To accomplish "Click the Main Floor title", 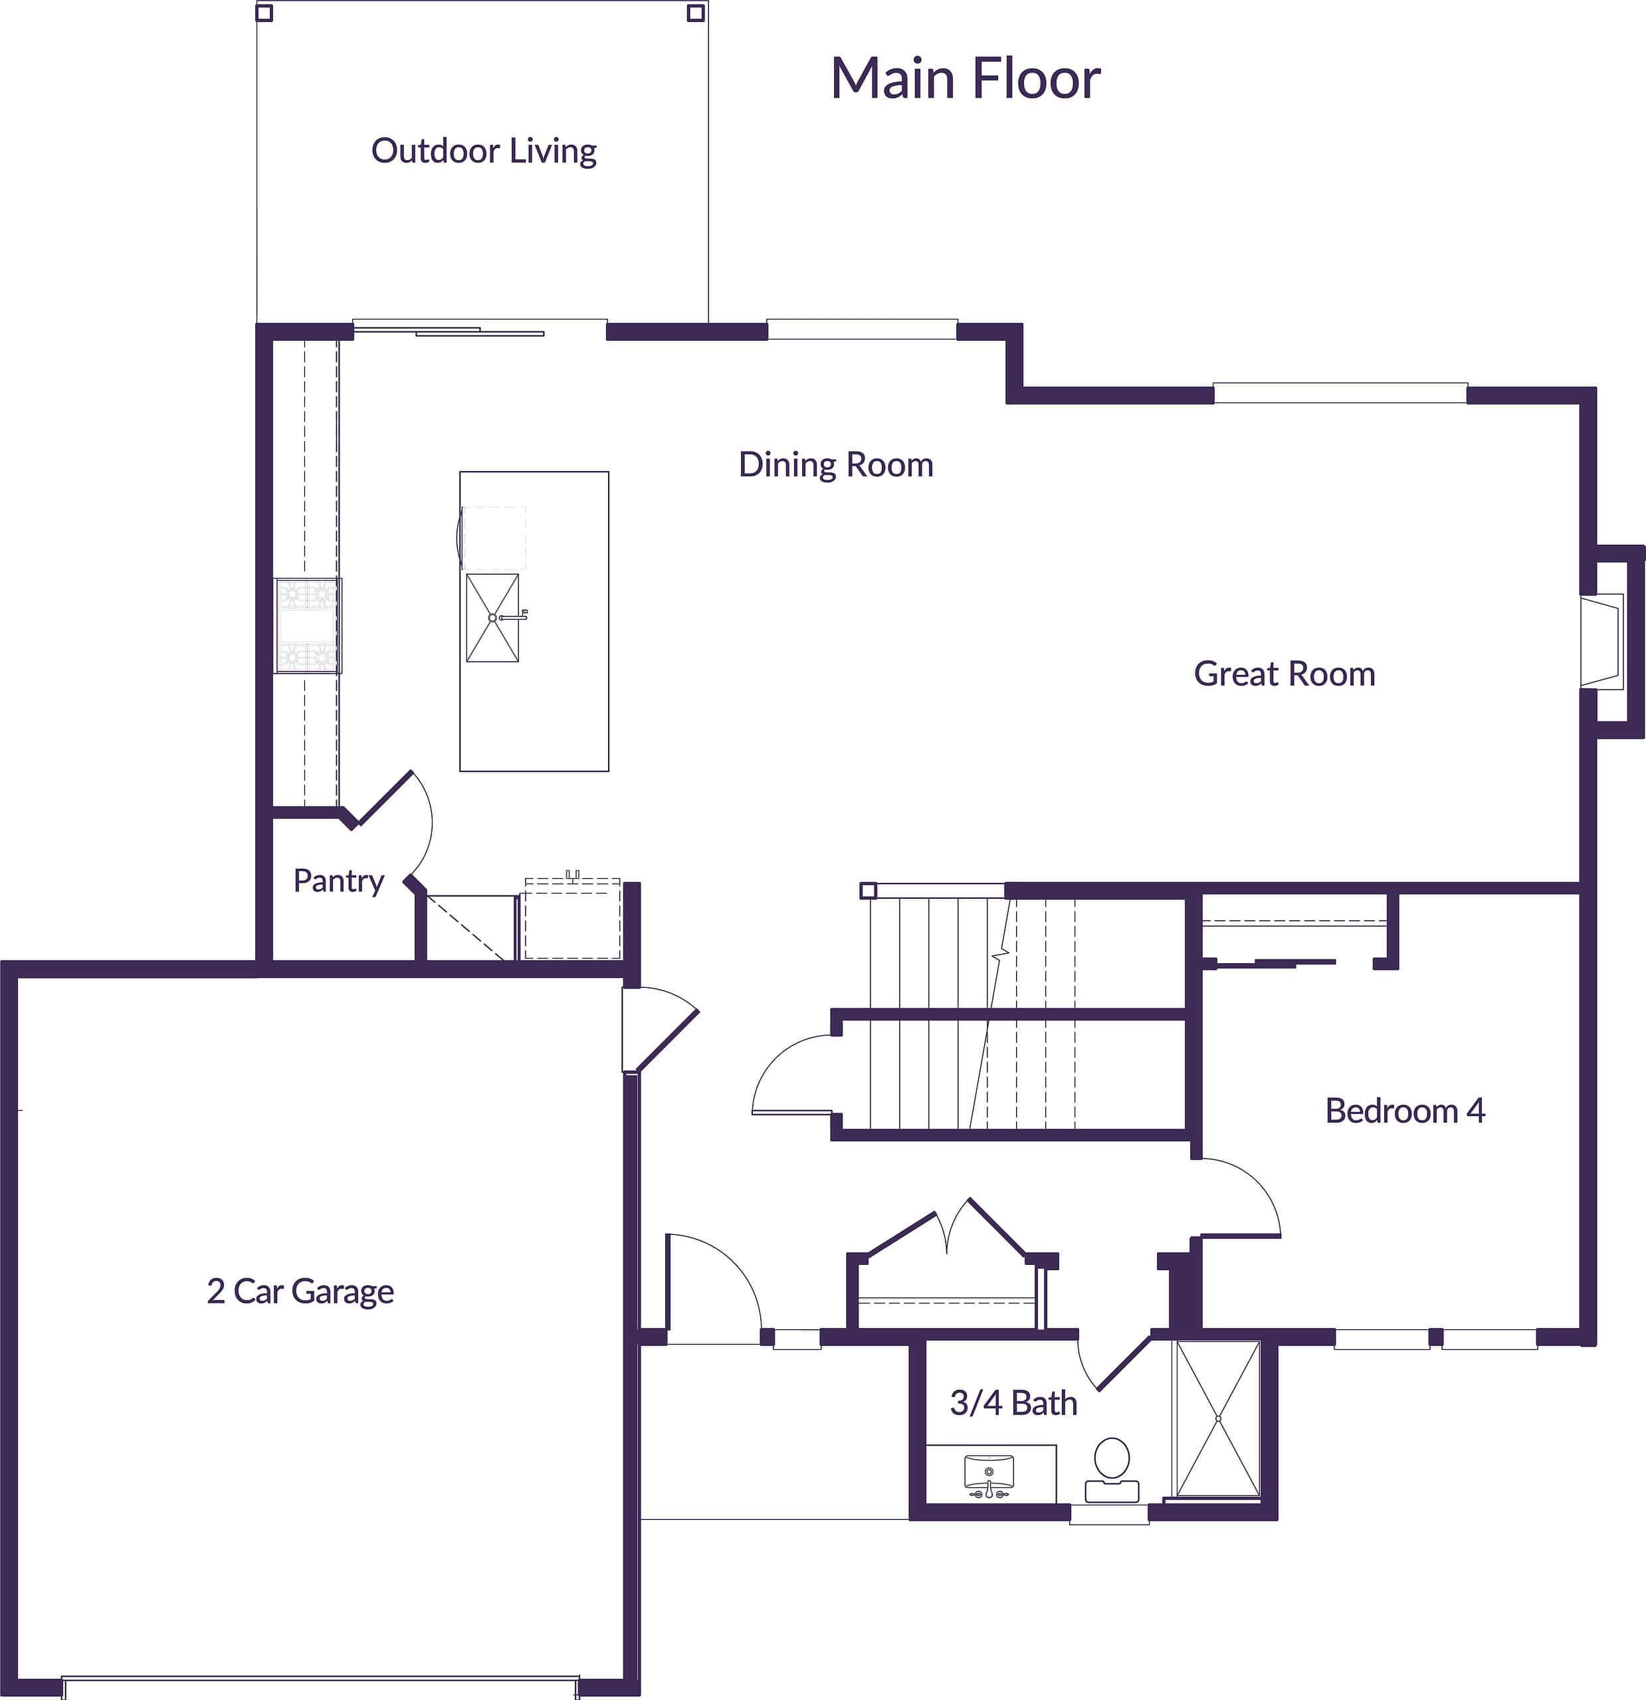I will pyautogui.click(x=965, y=78).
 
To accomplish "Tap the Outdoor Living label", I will pyautogui.click(x=483, y=151).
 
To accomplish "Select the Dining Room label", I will pyautogui.click(x=835, y=465).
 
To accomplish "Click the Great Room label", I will pyautogui.click(x=1285, y=674).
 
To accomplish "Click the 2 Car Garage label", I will pyautogui.click(x=300, y=1291).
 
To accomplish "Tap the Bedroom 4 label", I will pyautogui.click(x=1405, y=1111).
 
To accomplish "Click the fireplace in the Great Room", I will pyautogui.click(x=1603, y=641).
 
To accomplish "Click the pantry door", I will pyautogui.click(x=384, y=798).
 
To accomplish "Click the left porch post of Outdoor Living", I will pyautogui.click(x=264, y=13).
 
